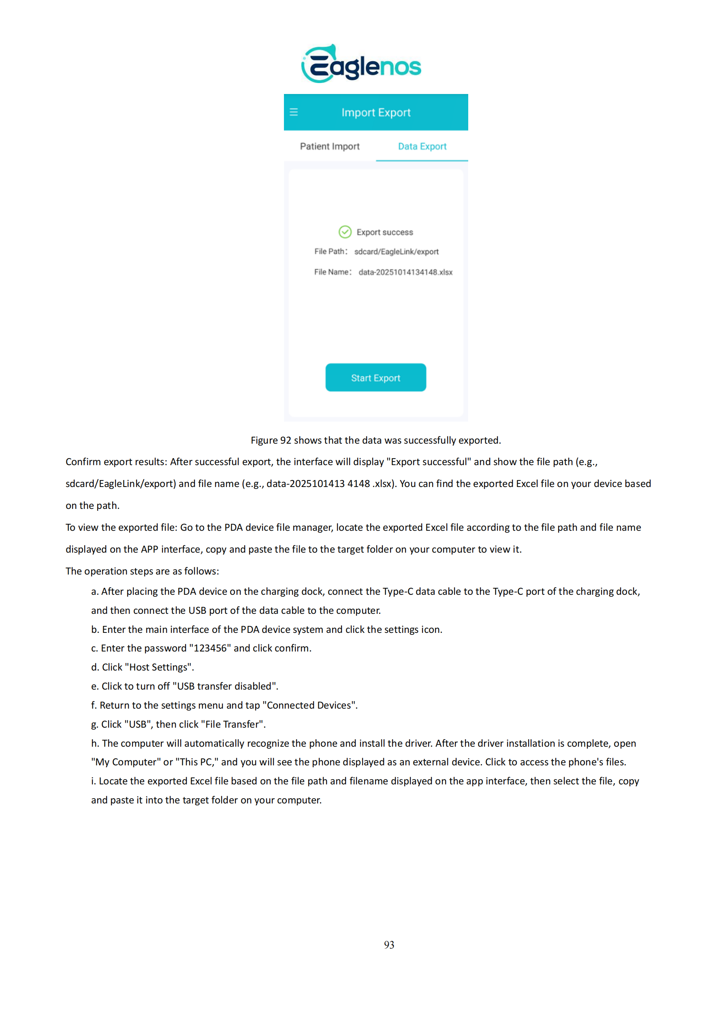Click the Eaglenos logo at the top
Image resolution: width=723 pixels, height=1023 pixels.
(361, 64)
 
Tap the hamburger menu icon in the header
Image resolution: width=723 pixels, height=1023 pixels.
(294, 112)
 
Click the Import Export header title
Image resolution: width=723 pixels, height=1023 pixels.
(376, 113)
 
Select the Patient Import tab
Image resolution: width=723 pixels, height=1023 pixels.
(330, 147)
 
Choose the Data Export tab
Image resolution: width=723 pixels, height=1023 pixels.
(422, 147)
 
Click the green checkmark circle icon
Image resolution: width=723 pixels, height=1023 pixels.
(345, 232)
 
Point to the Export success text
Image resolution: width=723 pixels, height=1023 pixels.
(384, 233)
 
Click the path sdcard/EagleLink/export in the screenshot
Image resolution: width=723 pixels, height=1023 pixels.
(397, 252)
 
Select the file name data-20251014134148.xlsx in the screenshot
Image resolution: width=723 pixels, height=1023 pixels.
(405, 272)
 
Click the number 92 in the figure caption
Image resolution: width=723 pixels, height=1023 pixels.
(286, 441)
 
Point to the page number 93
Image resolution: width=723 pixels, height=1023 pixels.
(389, 945)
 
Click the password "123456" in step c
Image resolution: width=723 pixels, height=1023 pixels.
(210, 648)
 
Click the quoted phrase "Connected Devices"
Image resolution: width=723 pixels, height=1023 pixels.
(309, 706)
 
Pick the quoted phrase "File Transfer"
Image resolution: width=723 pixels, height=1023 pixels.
(232, 724)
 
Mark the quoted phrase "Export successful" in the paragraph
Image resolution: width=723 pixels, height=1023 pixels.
(429, 462)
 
